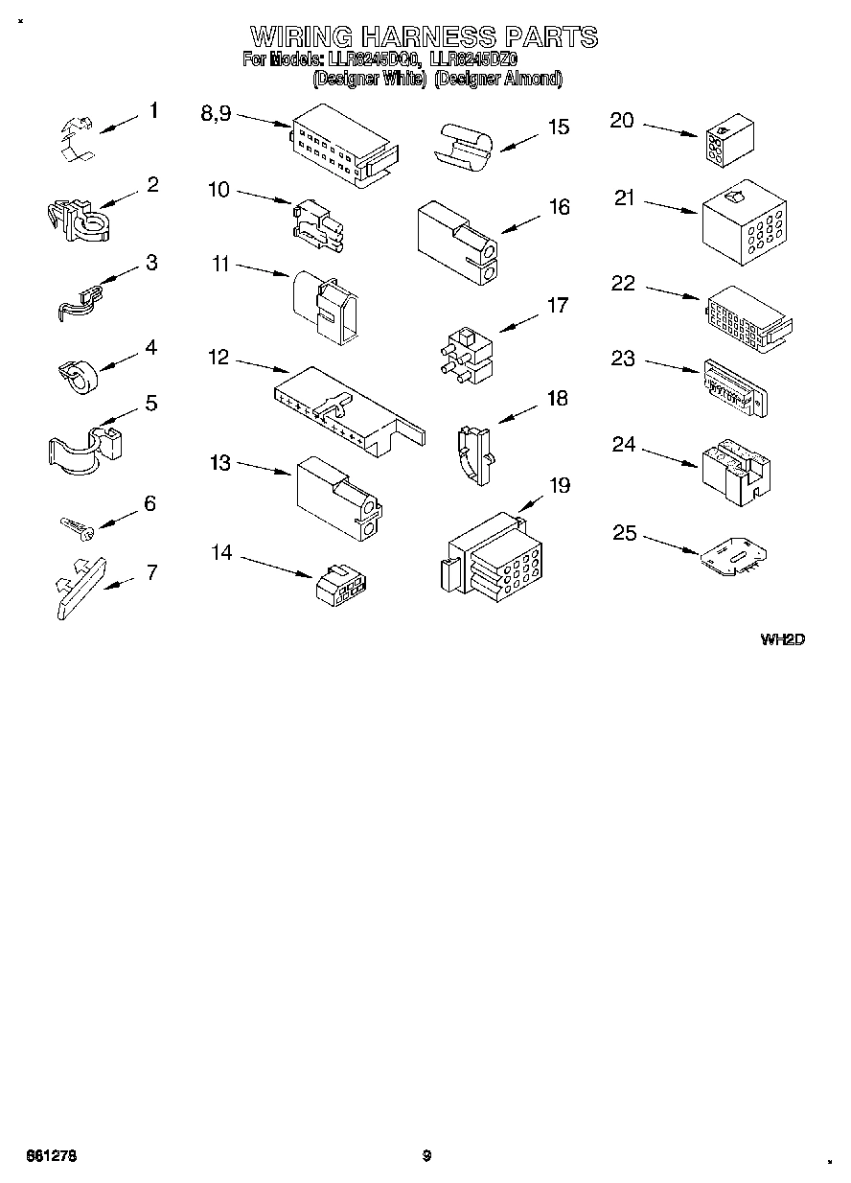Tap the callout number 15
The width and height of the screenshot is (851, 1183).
point(558,127)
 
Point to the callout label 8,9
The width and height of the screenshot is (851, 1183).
point(216,113)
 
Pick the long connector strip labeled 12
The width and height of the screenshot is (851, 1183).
point(347,409)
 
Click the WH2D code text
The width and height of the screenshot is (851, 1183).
point(781,639)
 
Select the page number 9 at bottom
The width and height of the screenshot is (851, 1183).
point(426,1156)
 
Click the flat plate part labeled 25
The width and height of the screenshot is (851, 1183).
point(733,557)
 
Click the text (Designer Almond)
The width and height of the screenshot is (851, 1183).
point(497,80)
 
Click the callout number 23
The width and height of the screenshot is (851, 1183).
point(623,358)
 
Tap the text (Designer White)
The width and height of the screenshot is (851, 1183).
point(369,80)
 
